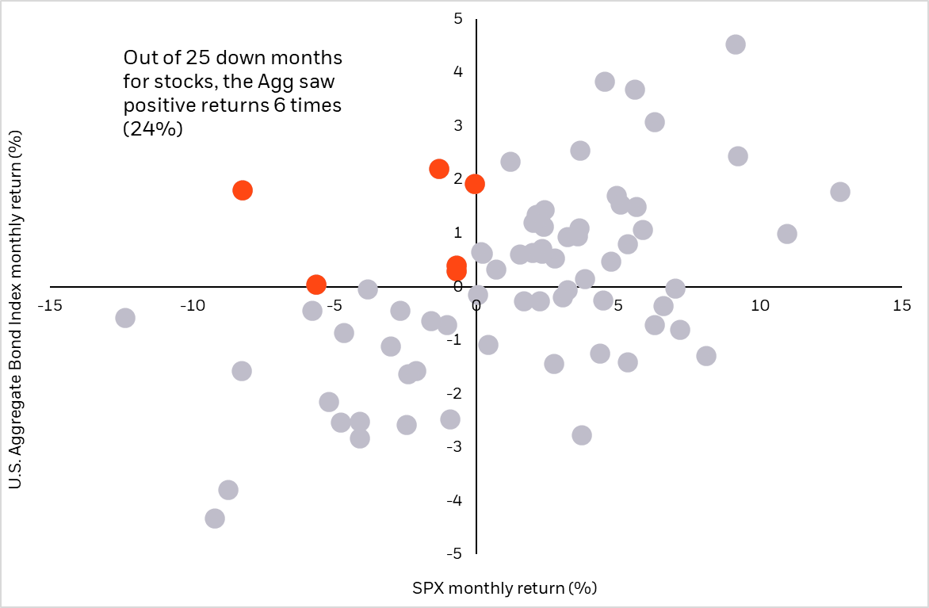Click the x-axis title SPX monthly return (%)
pyautogui.click(x=504, y=588)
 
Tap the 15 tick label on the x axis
pyautogui.click(x=900, y=305)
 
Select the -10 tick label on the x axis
pyautogui.click(x=191, y=305)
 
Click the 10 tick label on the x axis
pyautogui.click(x=759, y=305)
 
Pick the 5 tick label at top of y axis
pyautogui.click(x=458, y=18)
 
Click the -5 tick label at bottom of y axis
pyautogui.click(x=456, y=554)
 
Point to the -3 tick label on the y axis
pyautogui.click(x=456, y=447)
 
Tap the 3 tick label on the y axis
pyautogui.click(x=458, y=125)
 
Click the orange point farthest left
pyautogui.click(x=243, y=190)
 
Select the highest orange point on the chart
pyautogui.click(x=439, y=169)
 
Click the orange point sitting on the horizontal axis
pyautogui.click(x=315, y=285)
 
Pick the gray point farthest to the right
pyautogui.click(x=840, y=192)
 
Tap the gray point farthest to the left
pyautogui.click(x=124, y=318)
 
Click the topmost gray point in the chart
pyautogui.click(x=736, y=44)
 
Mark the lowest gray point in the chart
pyautogui.click(x=215, y=518)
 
